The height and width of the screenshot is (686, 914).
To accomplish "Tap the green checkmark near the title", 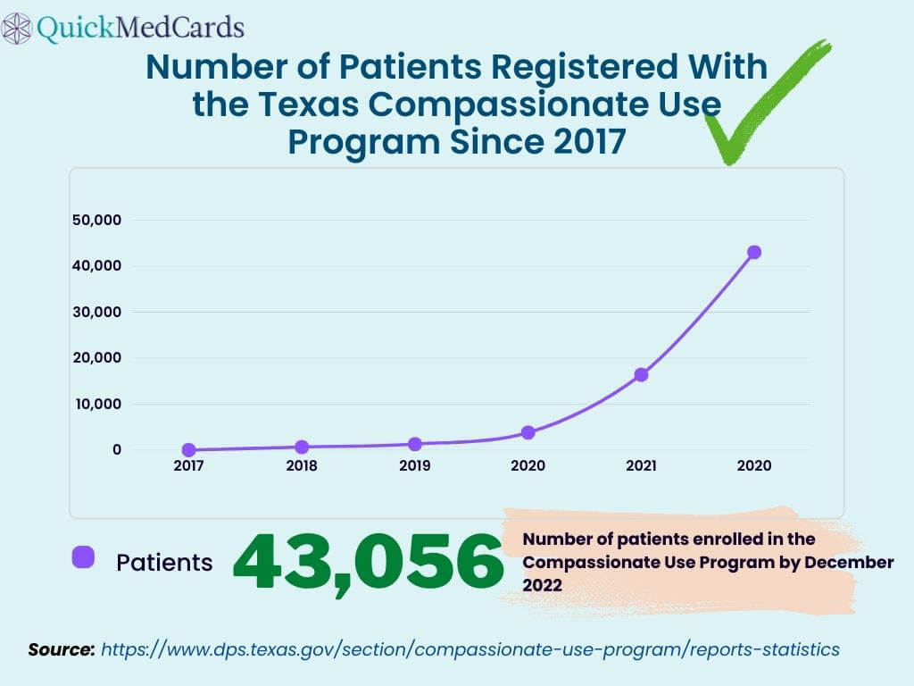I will [x=759, y=107].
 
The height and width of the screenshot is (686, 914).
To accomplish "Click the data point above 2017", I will [x=188, y=450].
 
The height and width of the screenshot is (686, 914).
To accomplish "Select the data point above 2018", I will [x=302, y=447].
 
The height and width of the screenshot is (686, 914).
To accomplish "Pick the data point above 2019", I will [x=415, y=444].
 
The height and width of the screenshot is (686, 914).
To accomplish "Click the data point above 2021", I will [x=641, y=374].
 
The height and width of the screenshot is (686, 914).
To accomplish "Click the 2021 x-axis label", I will [x=641, y=466].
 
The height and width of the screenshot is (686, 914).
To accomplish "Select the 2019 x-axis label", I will [x=415, y=466].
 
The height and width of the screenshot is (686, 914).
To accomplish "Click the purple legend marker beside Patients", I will [x=83, y=557].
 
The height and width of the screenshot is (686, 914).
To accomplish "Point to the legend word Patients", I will [x=164, y=563].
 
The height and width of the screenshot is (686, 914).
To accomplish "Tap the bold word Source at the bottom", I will [x=61, y=649].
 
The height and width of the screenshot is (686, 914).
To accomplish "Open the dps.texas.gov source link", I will [x=469, y=649].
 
